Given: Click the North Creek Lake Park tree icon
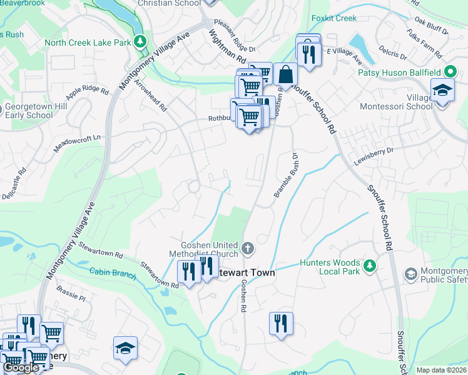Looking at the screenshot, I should (x=141, y=42).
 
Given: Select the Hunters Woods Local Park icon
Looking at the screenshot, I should (x=370, y=267).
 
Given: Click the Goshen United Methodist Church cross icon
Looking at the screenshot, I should (x=248, y=249).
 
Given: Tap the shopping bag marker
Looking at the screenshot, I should (x=285, y=74).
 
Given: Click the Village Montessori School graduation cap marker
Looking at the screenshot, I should (x=442, y=90).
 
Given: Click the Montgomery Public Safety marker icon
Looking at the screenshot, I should (x=410, y=273).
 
